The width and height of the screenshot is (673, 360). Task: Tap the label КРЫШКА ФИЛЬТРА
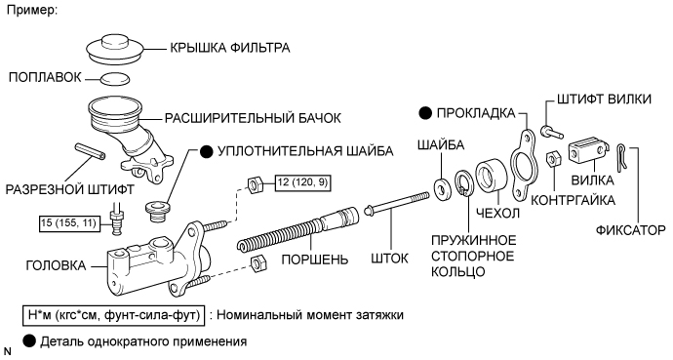coord(230,48)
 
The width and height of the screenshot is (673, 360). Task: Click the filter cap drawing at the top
coord(115,50)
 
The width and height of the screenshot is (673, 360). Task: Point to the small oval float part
coord(115,78)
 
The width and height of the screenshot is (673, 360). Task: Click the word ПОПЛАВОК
coord(45,77)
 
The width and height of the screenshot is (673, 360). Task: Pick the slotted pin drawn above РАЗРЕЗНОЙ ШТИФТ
coord(90,152)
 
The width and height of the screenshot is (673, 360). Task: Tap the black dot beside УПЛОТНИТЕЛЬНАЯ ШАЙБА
coord(207,151)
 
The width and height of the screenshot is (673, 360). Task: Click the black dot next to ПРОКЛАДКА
coord(425,113)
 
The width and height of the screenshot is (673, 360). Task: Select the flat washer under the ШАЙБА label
coord(441,188)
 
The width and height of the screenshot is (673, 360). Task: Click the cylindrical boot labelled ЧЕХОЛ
coord(492,176)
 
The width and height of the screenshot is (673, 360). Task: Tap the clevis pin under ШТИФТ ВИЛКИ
coord(553,132)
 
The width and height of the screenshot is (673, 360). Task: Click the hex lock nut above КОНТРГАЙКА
coord(552,159)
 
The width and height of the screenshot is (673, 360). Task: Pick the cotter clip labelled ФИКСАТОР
coord(621,157)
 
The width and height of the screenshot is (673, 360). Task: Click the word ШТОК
coord(390,259)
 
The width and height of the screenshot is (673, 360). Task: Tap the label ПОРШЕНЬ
coord(315,260)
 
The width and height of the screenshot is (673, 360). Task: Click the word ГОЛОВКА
coord(57,265)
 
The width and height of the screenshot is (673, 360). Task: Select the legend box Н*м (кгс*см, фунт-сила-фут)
coord(114,315)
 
